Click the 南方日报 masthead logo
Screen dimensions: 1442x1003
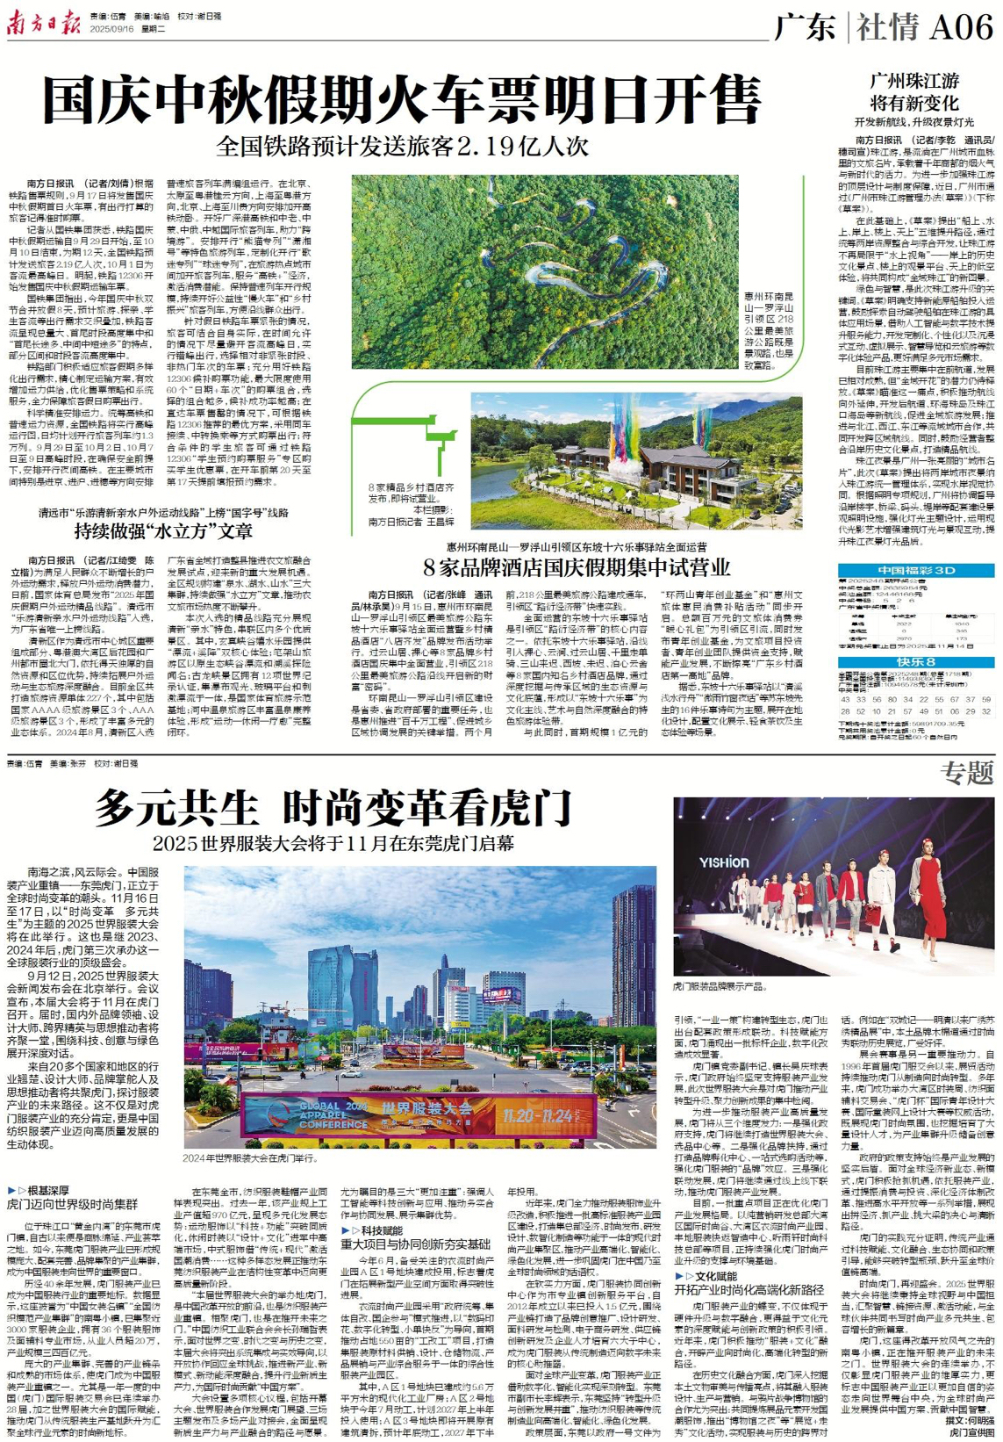[x=43, y=24]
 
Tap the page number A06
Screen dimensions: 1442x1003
[x=960, y=27]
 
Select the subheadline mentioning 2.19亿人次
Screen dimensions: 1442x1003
[x=403, y=146]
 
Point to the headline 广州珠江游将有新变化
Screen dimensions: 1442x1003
[x=914, y=91]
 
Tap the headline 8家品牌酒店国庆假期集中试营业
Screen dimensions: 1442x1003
[x=577, y=566]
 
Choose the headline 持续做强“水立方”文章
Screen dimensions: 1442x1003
[x=164, y=531]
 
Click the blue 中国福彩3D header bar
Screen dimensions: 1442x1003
[x=915, y=571]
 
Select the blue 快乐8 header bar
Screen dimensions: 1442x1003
[x=915, y=662]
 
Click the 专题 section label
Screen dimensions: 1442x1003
[x=967, y=773]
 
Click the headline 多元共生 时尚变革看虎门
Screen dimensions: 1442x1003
[x=333, y=806]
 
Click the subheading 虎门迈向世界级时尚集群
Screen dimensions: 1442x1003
[x=72, y=1204]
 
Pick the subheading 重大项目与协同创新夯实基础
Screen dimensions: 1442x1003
[x=415, y=1244]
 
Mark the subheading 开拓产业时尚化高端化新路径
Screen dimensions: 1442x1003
[x=749, y=1289]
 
